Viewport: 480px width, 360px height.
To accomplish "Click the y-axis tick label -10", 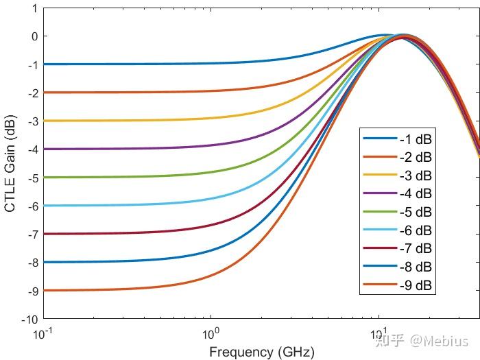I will [29, 320].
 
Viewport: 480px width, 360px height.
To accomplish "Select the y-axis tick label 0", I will [34, 36].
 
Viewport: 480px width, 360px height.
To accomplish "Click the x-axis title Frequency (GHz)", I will [261, 352].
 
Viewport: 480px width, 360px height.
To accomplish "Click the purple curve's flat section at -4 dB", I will [123, 149].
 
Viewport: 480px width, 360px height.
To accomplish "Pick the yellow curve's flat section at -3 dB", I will [123, 120].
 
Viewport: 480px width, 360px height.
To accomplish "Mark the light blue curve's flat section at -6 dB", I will [123, 205].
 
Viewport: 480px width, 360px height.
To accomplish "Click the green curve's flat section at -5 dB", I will [123, 177].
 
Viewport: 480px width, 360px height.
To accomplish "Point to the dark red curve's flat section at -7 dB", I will [123, 234].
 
